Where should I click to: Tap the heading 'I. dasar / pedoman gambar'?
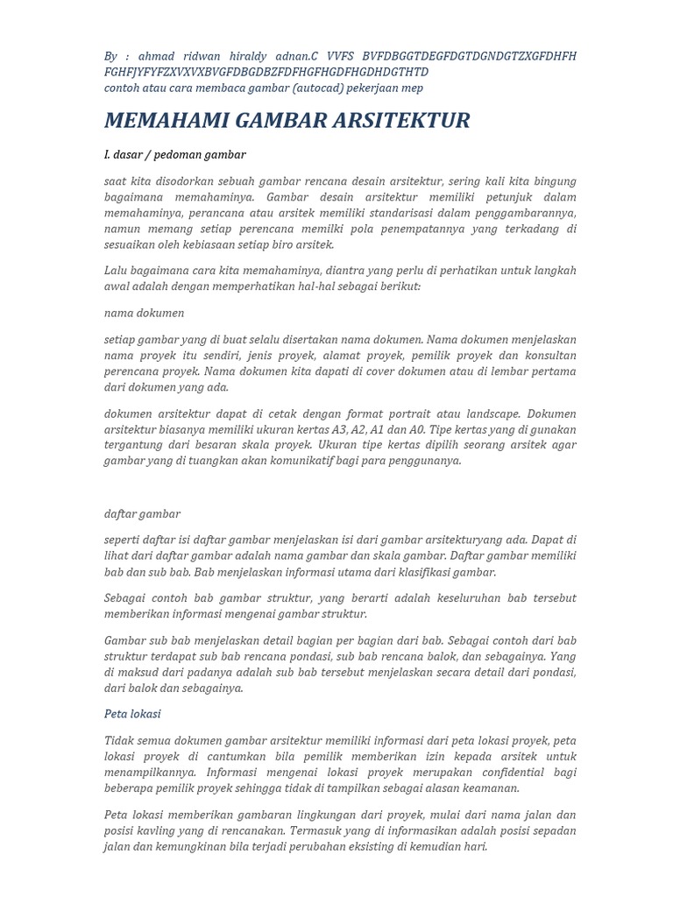coord(174,155)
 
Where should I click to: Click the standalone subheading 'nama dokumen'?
coord(144,313)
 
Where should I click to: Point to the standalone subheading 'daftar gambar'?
coord(142,513)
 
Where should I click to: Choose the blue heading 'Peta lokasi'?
coord(132,714)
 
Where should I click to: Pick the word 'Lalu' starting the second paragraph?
coord(117,271)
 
